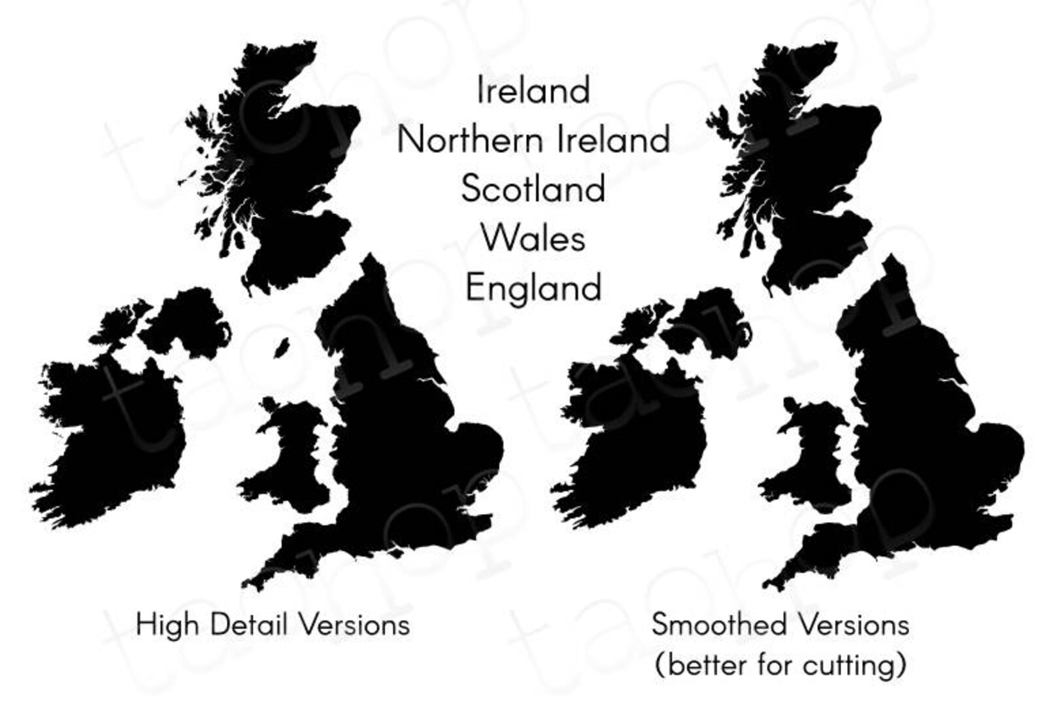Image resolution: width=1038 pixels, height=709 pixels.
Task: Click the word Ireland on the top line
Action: [533, 90]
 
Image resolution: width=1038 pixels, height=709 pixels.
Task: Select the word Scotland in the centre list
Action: [533, 189]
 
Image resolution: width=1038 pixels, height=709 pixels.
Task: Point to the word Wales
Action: [533, 238]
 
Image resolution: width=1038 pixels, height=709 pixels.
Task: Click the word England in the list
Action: [533, 288]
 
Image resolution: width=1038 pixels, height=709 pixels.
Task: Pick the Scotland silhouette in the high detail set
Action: [288, 170]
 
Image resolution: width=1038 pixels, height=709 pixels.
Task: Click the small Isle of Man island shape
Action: [282, 347]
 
